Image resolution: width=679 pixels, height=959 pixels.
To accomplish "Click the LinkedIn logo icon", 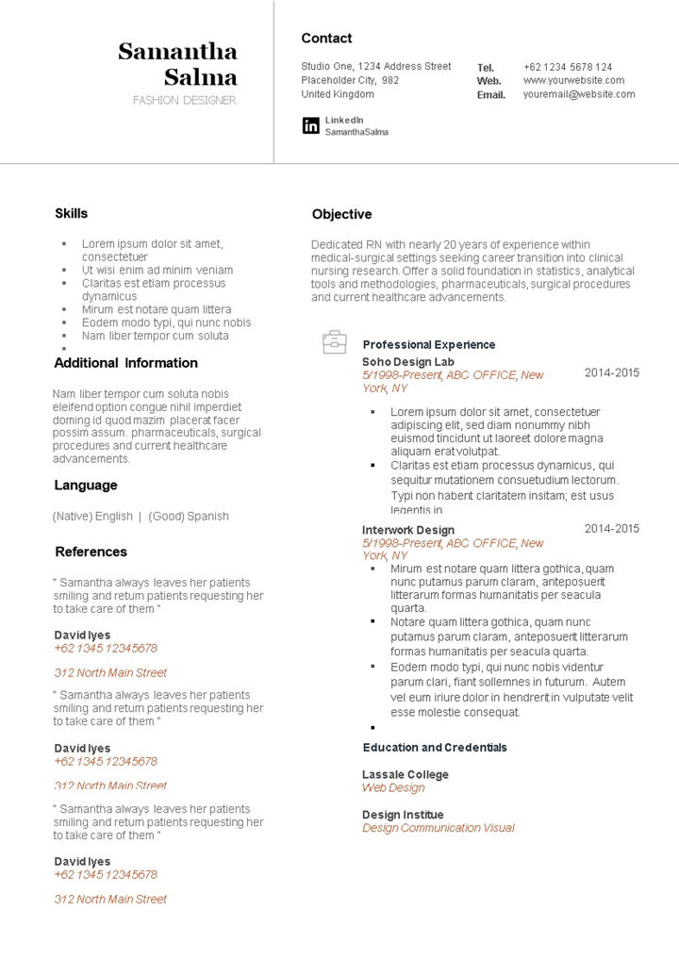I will pos(310,125).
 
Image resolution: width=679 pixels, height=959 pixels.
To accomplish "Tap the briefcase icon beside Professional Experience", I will pos(335,342).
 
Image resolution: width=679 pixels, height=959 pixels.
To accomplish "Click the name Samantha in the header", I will pos(177,51).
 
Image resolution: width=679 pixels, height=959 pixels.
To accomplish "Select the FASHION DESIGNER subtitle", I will pos(184,100).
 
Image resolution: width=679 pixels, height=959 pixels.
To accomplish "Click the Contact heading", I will pos(326,39).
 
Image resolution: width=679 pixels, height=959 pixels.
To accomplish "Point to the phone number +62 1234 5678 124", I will pos(567,67).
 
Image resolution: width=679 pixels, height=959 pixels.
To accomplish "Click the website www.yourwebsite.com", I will pos(574,80).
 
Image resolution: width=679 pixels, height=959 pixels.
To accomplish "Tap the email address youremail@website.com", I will pos(579,94).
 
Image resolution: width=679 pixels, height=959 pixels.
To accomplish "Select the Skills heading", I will pos(71,213).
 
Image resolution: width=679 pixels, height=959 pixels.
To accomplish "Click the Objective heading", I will pos(341,214).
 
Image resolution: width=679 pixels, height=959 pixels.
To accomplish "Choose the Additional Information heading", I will pos(125,363).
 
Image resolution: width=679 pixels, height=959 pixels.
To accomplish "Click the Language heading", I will pos(86,486).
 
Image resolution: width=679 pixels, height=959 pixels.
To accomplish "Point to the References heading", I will pos(91,552).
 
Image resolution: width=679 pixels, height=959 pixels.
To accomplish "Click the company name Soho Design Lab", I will pos(407,362).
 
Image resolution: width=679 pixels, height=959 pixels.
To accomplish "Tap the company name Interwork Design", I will pos(407,530).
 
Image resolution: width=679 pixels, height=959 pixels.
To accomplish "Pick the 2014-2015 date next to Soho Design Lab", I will pos(611,372).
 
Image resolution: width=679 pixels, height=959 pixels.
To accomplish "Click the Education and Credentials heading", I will pos(435,748).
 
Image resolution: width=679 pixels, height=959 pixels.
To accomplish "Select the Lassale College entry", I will pos(405,775).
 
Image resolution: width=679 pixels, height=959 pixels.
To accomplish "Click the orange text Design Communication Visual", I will pos(438,828).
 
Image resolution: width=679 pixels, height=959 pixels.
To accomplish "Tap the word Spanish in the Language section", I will pos(207,517).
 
